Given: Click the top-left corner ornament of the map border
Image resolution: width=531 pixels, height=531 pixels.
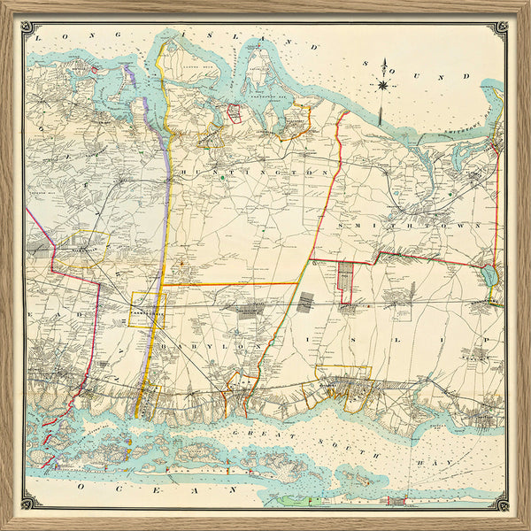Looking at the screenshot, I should tap(27, 27).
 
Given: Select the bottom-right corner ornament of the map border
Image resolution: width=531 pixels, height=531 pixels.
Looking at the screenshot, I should tap(502, 502).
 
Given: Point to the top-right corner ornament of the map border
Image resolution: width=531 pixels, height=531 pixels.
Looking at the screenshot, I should tap(502, 27).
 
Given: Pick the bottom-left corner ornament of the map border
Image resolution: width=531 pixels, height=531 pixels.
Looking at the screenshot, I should tap(27, 502).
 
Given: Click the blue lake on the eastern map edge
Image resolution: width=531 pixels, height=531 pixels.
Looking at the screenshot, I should tap(490, 276).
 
